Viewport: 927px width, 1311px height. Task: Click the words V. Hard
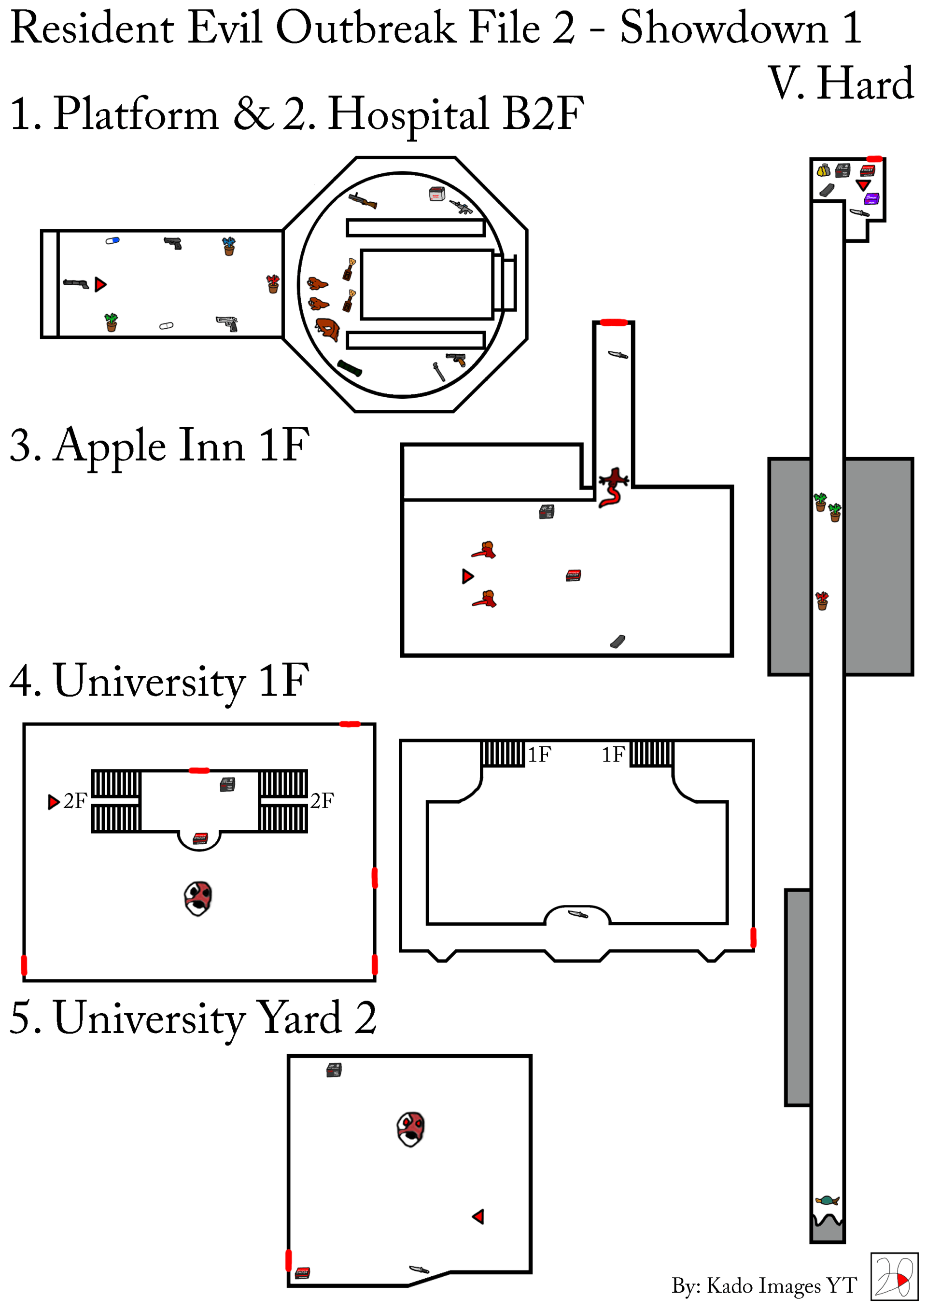point(841,84)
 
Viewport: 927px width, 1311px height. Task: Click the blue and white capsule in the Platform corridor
point(112,241)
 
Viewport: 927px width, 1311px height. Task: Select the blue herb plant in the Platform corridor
point(229,246)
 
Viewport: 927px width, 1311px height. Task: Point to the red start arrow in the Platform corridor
point(100,284)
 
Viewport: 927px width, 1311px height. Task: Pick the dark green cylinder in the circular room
point(350,368)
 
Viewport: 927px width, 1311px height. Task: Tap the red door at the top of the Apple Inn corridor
point(614,322)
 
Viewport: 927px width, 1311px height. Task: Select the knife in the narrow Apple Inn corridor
point(618,355)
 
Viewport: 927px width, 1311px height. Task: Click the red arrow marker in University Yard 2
point(478,1217)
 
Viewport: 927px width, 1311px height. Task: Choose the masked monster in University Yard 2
point(411,1129)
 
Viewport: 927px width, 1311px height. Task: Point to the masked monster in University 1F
point(198,898)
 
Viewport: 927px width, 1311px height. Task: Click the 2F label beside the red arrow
point(75,801)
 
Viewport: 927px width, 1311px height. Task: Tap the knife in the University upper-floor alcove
point(578,914)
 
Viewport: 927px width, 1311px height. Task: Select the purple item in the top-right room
point(871,199)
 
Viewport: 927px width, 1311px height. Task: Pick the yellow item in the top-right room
point(823,170)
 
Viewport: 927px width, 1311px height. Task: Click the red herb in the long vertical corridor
point(822,600)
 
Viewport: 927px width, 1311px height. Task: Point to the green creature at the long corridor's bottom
point(827,1200)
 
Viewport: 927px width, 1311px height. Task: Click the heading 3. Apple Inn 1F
point(160,446)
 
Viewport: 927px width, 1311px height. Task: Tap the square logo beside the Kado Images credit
point(894,1277)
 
